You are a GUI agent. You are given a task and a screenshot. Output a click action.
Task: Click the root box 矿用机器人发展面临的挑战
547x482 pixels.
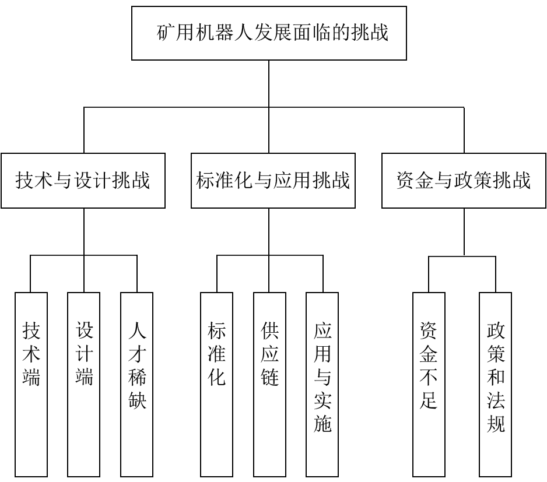point(269,33)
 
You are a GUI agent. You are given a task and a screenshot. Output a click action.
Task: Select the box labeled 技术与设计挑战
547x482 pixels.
point(83,181)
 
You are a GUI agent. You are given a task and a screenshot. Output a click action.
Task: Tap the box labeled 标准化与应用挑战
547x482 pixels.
point(273,181)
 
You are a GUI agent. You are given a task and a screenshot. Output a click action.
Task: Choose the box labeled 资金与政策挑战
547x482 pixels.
point(464,181)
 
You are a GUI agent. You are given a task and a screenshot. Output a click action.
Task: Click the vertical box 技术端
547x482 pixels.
point(31,384)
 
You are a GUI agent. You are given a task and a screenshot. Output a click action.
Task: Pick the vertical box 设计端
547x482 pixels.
point(84,384)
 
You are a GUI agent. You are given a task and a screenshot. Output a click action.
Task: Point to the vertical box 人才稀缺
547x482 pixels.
point(136,384)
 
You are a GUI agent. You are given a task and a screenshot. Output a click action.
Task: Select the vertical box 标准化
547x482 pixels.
point(216,384)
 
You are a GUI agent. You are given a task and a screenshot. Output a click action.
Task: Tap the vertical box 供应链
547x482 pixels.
point(269,384)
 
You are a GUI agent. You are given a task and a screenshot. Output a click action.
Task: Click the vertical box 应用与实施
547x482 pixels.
point(322,384)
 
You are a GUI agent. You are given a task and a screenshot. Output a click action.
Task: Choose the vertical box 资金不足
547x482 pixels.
point(429,384)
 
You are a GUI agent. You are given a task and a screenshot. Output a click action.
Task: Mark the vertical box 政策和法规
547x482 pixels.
point(495,384)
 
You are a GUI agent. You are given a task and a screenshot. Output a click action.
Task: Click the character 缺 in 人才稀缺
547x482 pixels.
point(137,400)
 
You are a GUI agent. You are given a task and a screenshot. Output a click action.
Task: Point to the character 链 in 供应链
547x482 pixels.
point(269,377)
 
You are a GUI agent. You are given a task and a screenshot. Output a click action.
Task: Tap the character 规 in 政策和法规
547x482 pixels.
point(496,423)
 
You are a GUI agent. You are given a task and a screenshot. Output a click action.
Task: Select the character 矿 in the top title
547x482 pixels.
point(166,33)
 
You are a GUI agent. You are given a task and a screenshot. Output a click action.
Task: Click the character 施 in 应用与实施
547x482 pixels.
point(322,423)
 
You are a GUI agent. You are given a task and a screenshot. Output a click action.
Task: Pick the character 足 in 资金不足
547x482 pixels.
point(429,400)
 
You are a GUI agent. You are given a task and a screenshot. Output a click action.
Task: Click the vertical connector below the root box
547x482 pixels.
point(269,107)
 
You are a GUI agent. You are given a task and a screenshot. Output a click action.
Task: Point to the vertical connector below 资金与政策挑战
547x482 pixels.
point(464,232)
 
